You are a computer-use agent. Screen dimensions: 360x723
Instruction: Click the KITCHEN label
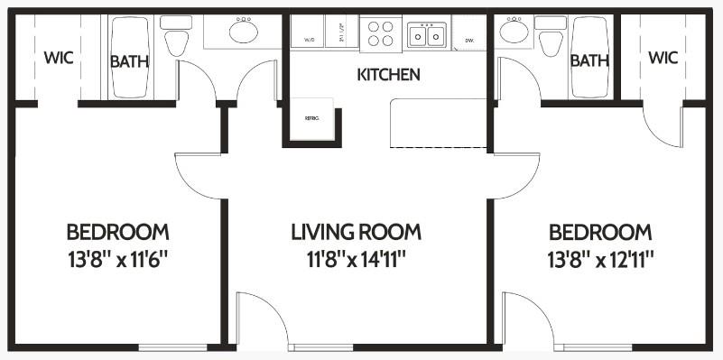point(388,75)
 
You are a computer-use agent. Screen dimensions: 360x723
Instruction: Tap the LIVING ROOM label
point(356,232)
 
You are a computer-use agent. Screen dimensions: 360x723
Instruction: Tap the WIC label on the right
point(663,58)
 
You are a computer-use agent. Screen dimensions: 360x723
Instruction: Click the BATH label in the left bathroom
point(130,61)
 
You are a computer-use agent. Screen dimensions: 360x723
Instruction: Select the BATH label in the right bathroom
point(589,61)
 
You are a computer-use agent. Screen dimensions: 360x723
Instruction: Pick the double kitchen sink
point(426,35)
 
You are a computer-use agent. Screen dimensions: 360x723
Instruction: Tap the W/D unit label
point(308,40)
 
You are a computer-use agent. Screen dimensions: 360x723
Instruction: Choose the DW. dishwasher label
point(469,41)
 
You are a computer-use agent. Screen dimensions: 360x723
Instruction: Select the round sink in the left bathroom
point(243,32)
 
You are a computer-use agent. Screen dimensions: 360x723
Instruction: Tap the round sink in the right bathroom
point(514,32)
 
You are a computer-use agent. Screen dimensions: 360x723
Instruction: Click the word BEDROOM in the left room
point(117,232)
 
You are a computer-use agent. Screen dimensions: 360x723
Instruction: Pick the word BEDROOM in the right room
point(600,232)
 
